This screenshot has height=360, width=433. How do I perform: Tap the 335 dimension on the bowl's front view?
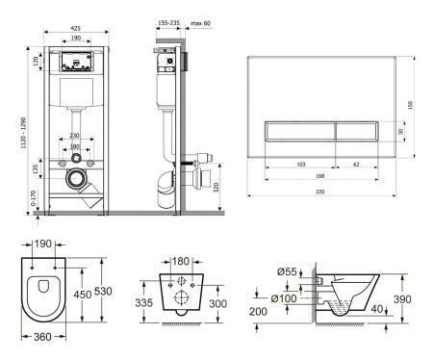tap(143, 304)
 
